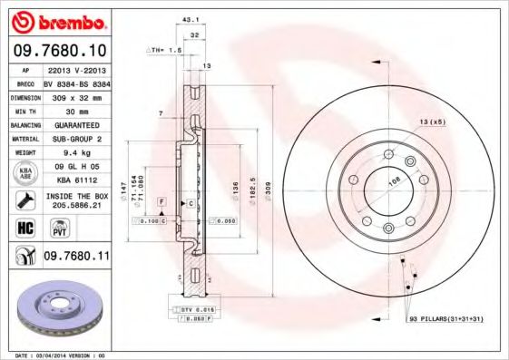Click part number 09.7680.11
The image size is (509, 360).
[x=76, y=258]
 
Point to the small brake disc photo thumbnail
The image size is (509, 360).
[x=55, y=312]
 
